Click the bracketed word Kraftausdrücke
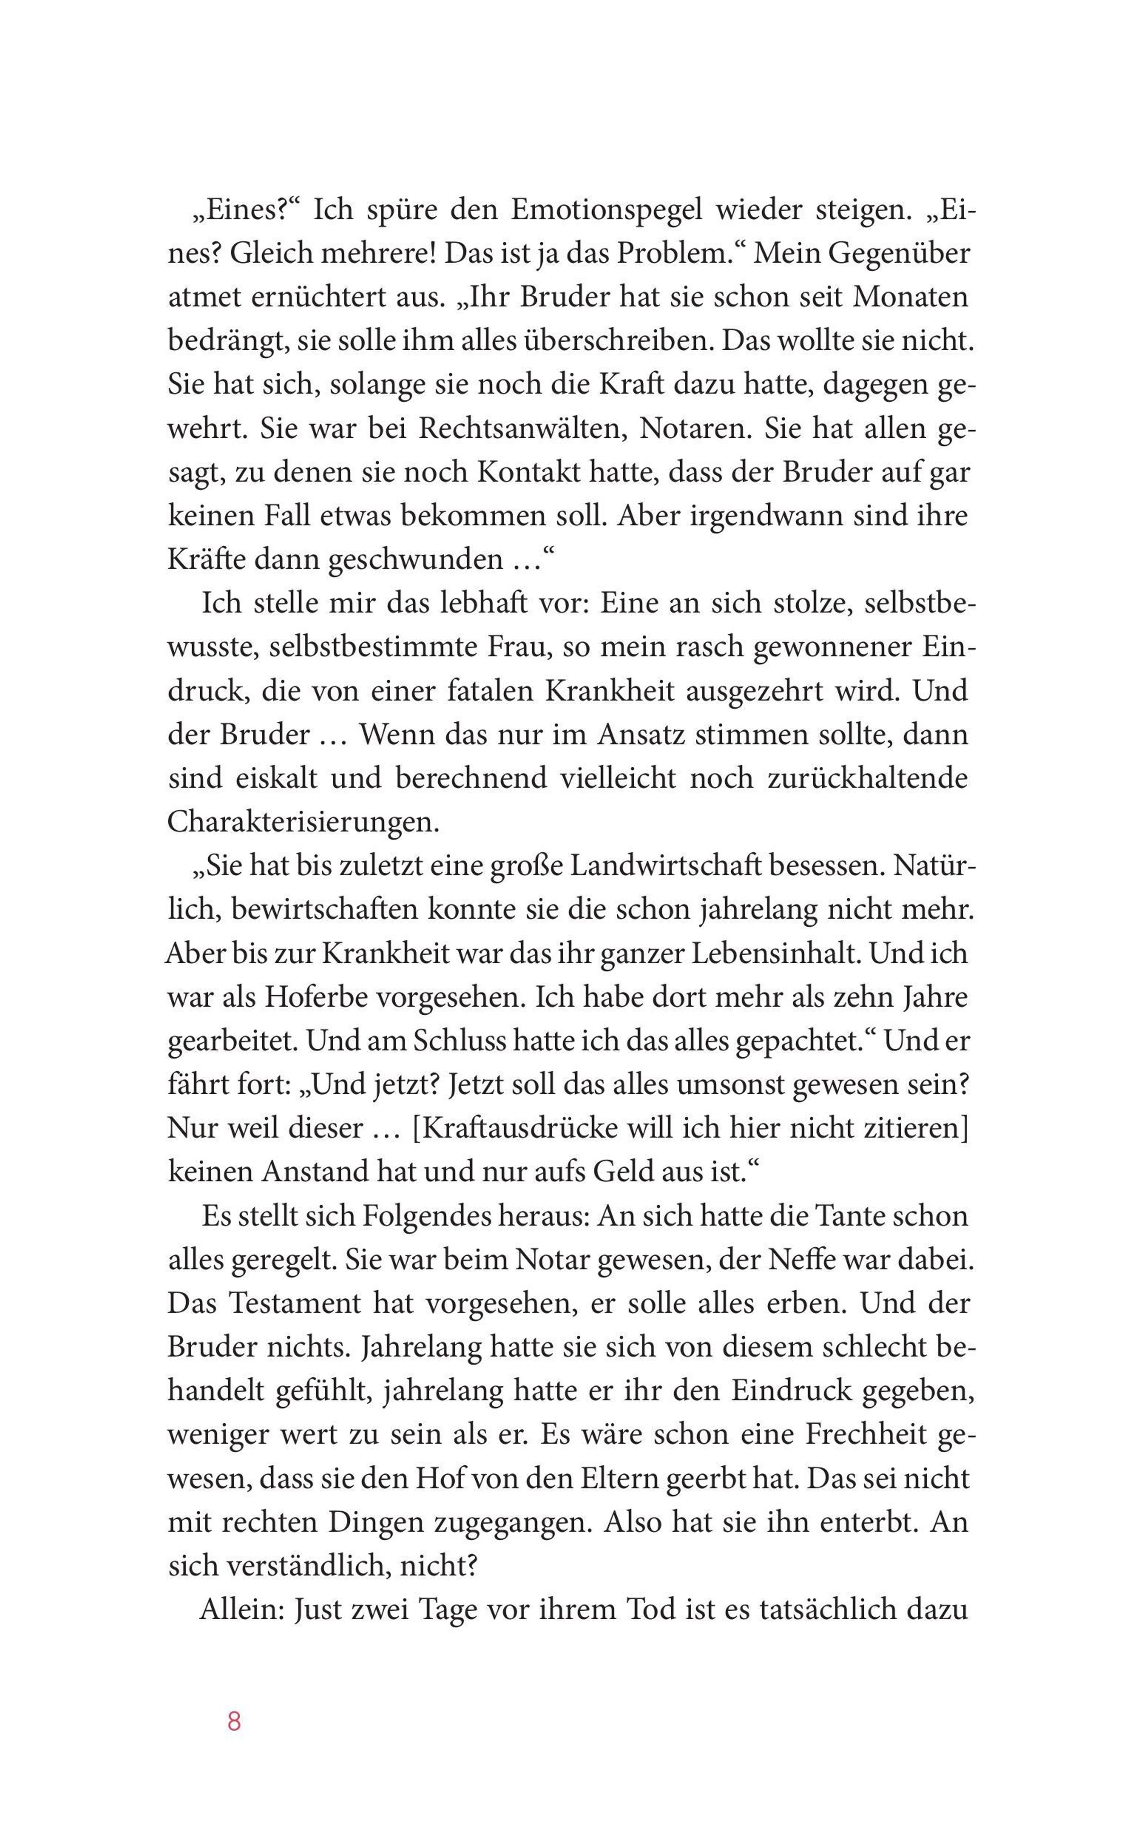[514, 1128]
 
